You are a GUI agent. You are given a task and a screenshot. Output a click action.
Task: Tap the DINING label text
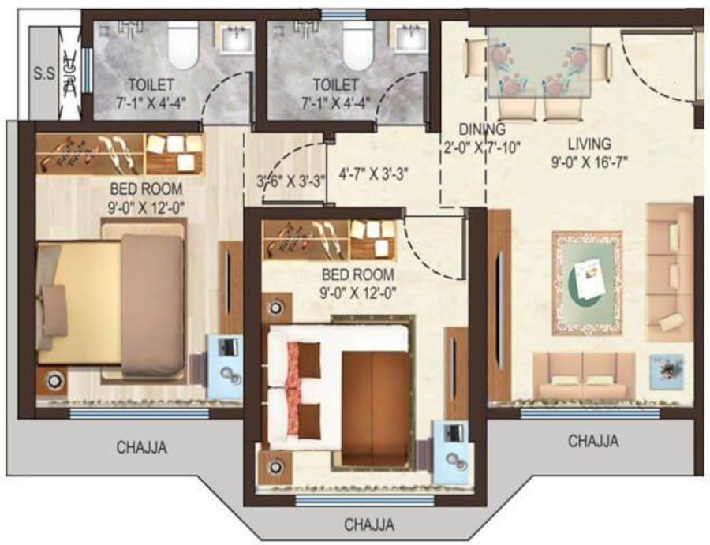pos(481,129)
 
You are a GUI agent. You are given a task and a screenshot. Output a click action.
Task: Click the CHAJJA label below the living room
pos(593,441)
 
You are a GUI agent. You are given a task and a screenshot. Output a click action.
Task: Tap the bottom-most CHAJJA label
pos(368,524)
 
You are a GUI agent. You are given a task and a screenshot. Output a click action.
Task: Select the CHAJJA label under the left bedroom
pos(142,447)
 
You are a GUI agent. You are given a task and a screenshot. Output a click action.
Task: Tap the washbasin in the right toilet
pos(409,38)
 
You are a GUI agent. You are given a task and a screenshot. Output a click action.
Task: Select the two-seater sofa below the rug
pos(584,375)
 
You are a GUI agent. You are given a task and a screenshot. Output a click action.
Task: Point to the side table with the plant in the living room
pos(666,371)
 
